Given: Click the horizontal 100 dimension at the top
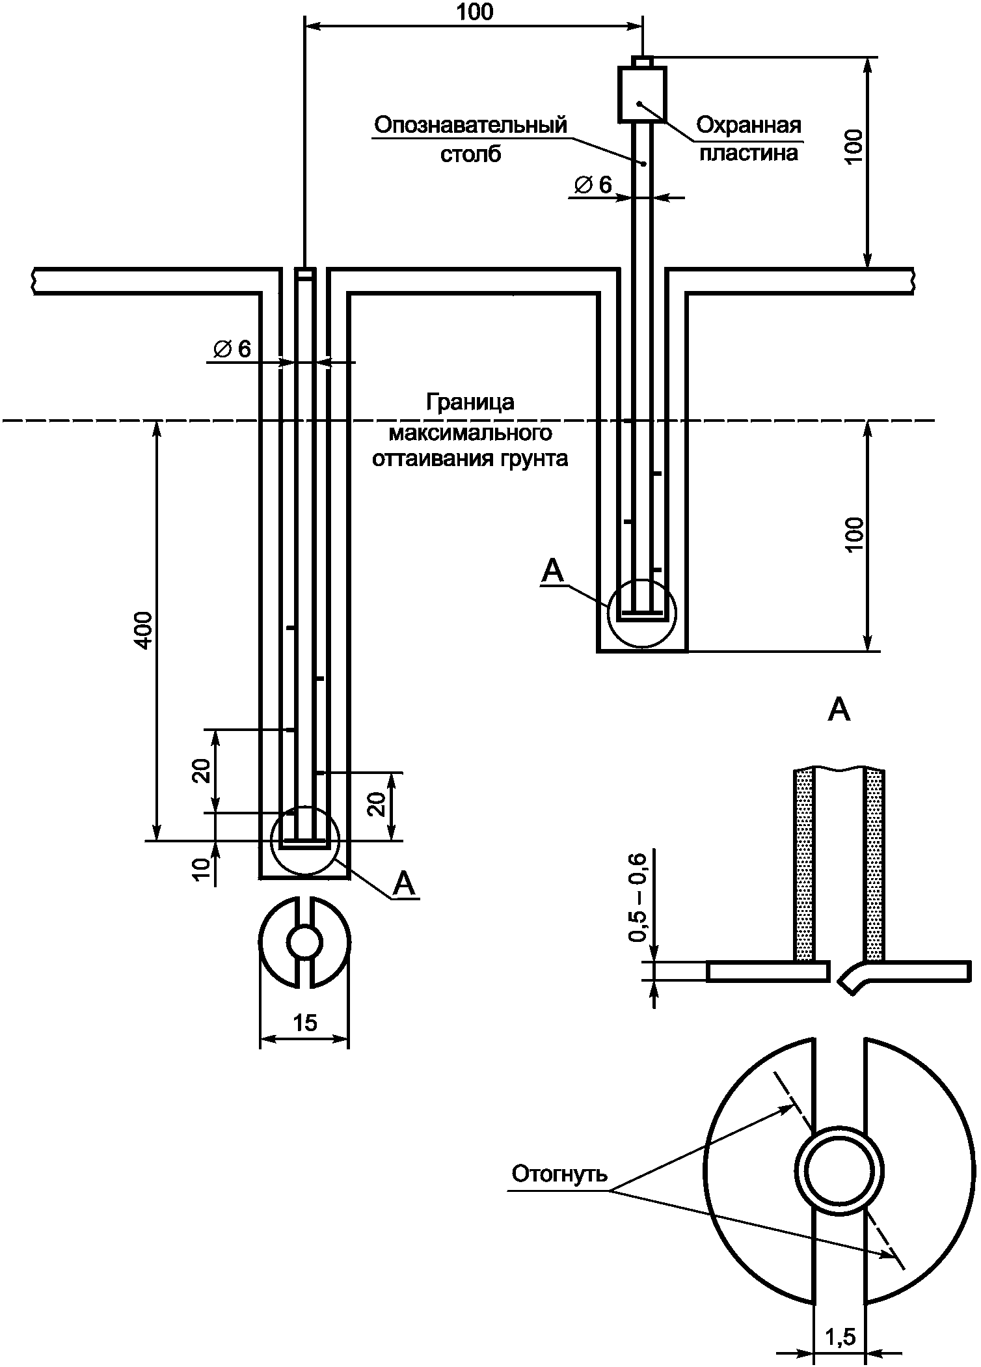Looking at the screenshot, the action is pos(475,12).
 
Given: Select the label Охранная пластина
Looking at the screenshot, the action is pos(748,139).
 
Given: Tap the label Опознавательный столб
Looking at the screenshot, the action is pos(470,139).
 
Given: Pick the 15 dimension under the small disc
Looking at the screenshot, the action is pos(304,1023).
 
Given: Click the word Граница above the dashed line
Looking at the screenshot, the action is pos(470,402).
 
